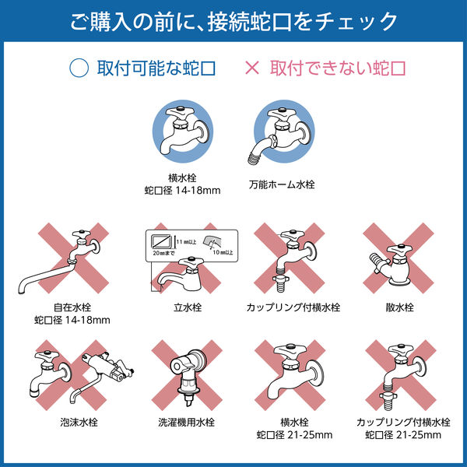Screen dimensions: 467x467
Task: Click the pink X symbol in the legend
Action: (x=251, y=68)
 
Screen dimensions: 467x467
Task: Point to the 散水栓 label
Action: (x=399, y=307)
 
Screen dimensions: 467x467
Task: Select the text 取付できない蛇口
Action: (x=338, y=68)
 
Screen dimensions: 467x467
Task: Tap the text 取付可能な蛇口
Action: (x=156, y=68)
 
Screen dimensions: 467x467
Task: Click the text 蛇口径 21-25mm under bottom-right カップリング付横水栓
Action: (x=399, y=434)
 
